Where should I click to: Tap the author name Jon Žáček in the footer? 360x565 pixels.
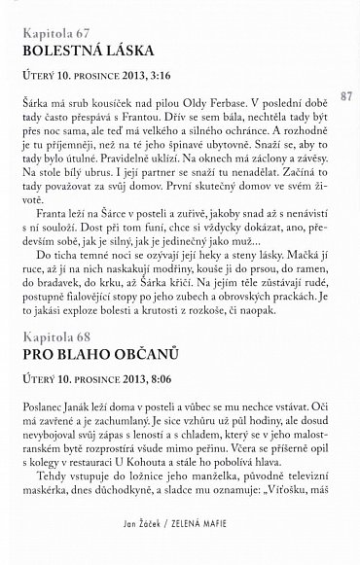point(142,551)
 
